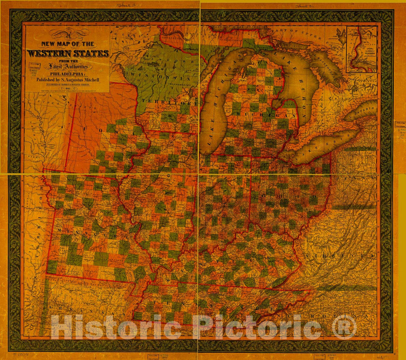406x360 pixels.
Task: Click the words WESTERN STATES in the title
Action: [68, 53]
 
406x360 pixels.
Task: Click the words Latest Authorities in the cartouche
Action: [68, 67]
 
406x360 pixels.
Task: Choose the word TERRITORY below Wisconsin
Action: [169, 102]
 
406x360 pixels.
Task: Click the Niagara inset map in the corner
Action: [361, 49]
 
